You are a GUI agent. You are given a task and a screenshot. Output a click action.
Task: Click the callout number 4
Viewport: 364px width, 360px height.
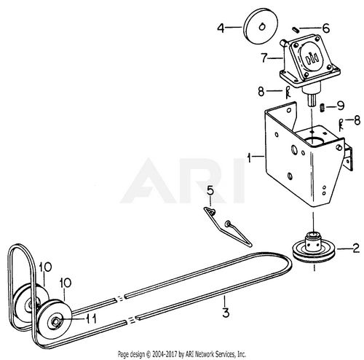[221, 28]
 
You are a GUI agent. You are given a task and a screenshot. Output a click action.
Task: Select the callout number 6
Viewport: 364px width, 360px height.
[326, 28]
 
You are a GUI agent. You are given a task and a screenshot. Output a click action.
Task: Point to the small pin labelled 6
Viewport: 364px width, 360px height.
[296, 30]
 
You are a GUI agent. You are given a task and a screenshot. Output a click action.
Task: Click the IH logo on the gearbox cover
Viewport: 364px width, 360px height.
[312, 58]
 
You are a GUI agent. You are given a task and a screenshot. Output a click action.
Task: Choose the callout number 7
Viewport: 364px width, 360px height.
[264, 58]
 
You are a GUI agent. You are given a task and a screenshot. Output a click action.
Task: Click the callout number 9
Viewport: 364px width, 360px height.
[341, 106]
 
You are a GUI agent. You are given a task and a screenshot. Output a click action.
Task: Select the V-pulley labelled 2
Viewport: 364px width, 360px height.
[314, 249]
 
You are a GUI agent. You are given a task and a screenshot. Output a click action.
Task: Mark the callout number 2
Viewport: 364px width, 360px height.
[356, 248]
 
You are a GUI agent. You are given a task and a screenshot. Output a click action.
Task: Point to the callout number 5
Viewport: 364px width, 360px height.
[210, 191]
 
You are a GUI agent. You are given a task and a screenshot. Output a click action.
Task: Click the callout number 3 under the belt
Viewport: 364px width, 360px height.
[226, 313]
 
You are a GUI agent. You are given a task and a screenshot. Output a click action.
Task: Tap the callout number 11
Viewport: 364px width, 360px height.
[92, 318]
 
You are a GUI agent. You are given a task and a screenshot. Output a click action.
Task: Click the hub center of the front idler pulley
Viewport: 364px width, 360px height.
[55, 322]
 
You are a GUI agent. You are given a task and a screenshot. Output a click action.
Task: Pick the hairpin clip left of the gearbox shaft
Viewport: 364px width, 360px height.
[288, 93]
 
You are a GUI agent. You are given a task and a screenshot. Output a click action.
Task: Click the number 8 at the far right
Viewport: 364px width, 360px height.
[357, 120]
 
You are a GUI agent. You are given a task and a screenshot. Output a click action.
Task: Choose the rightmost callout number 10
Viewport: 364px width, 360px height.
[66, 283]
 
